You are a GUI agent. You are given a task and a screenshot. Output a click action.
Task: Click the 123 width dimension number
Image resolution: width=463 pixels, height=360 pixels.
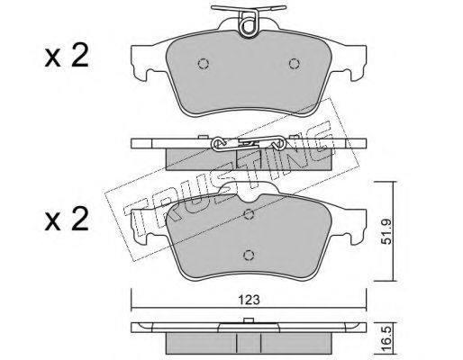(x=250, y=300)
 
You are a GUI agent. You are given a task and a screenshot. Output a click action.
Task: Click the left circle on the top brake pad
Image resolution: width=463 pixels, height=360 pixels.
(x=204, y=63)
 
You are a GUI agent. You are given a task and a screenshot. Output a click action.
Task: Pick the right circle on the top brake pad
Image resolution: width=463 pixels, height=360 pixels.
(x=294, y=63)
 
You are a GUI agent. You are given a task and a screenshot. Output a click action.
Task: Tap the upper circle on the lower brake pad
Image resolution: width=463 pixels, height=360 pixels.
(x=249, y=214)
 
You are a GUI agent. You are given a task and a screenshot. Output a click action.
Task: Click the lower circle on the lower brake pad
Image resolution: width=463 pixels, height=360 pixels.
(x=249, y=256)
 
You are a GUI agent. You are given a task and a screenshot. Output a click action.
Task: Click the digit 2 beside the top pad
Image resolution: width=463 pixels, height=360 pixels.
(x=80, y=56)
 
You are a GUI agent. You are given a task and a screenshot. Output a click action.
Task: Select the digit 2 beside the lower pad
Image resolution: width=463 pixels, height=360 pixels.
(x=79, y=219)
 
